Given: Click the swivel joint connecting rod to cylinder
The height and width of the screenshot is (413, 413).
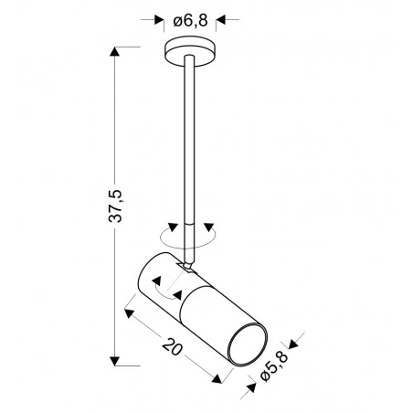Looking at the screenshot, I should [x=188, y=266].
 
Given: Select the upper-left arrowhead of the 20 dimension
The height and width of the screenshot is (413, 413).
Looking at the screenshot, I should [x=128, y=312].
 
